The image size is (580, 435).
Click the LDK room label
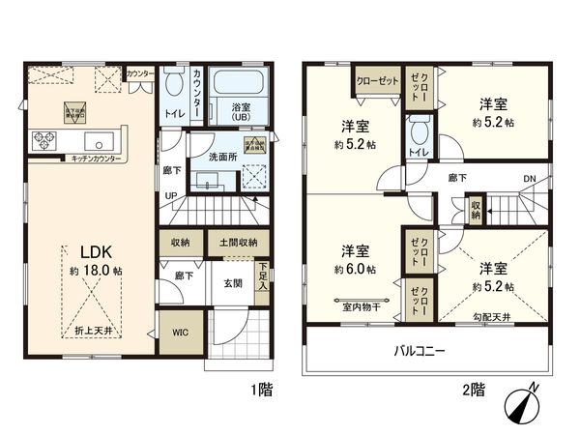pos(81,249)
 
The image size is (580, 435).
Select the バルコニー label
pos(418,351)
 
